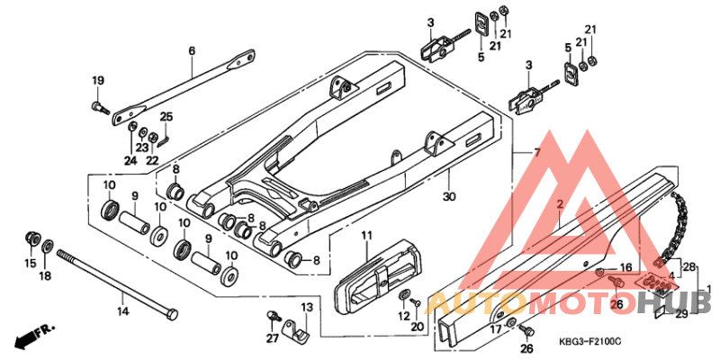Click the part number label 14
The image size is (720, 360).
[122, 310]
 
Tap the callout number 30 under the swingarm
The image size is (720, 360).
[447, 195]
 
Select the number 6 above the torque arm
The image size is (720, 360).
[191, 51]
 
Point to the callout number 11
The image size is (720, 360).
[366, 236]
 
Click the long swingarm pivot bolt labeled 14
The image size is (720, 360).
[117, 283]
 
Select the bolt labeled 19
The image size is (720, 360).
[99, 108]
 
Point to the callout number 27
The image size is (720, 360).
[272, 338]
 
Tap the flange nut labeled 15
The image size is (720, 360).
[31, 239]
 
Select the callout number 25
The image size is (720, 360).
[166, 116]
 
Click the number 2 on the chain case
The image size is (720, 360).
[559, 206]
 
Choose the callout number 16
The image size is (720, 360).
[624, 268]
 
